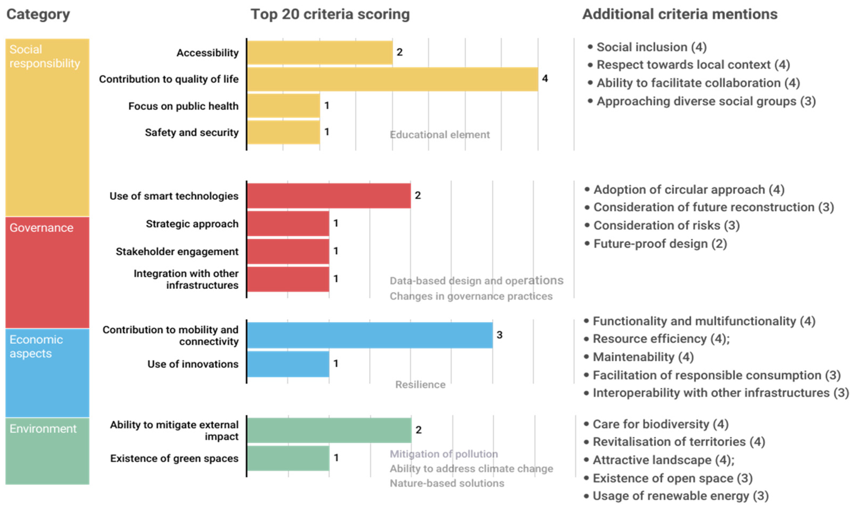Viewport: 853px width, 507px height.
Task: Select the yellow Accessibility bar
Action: click(320, 53)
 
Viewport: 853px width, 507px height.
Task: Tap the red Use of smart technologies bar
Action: click(329, 196)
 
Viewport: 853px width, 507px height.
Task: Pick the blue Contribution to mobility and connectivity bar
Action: click(369, 335)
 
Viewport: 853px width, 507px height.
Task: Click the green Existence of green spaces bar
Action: click(288, 458)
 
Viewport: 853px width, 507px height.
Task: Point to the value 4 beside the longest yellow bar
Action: click(545, 78)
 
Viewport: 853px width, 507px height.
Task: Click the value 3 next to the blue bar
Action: click(499, 335)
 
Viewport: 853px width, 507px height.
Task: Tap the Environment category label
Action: click(43, 429)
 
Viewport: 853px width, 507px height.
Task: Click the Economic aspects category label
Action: click(36, 347)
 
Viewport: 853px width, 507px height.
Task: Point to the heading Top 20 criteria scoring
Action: click(330, 14)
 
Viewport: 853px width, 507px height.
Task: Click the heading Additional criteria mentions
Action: click(680, 14)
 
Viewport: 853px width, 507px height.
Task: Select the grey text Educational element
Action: click(439, 135)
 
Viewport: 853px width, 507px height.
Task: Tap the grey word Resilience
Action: click(420, 385)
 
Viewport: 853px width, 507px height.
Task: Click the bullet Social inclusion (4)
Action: click(651, 47)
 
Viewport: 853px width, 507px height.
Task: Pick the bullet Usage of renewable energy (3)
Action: click(680, 496)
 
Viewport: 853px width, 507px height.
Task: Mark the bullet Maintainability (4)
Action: click(643, 357)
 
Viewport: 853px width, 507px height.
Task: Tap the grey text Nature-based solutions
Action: click(447, 483)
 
